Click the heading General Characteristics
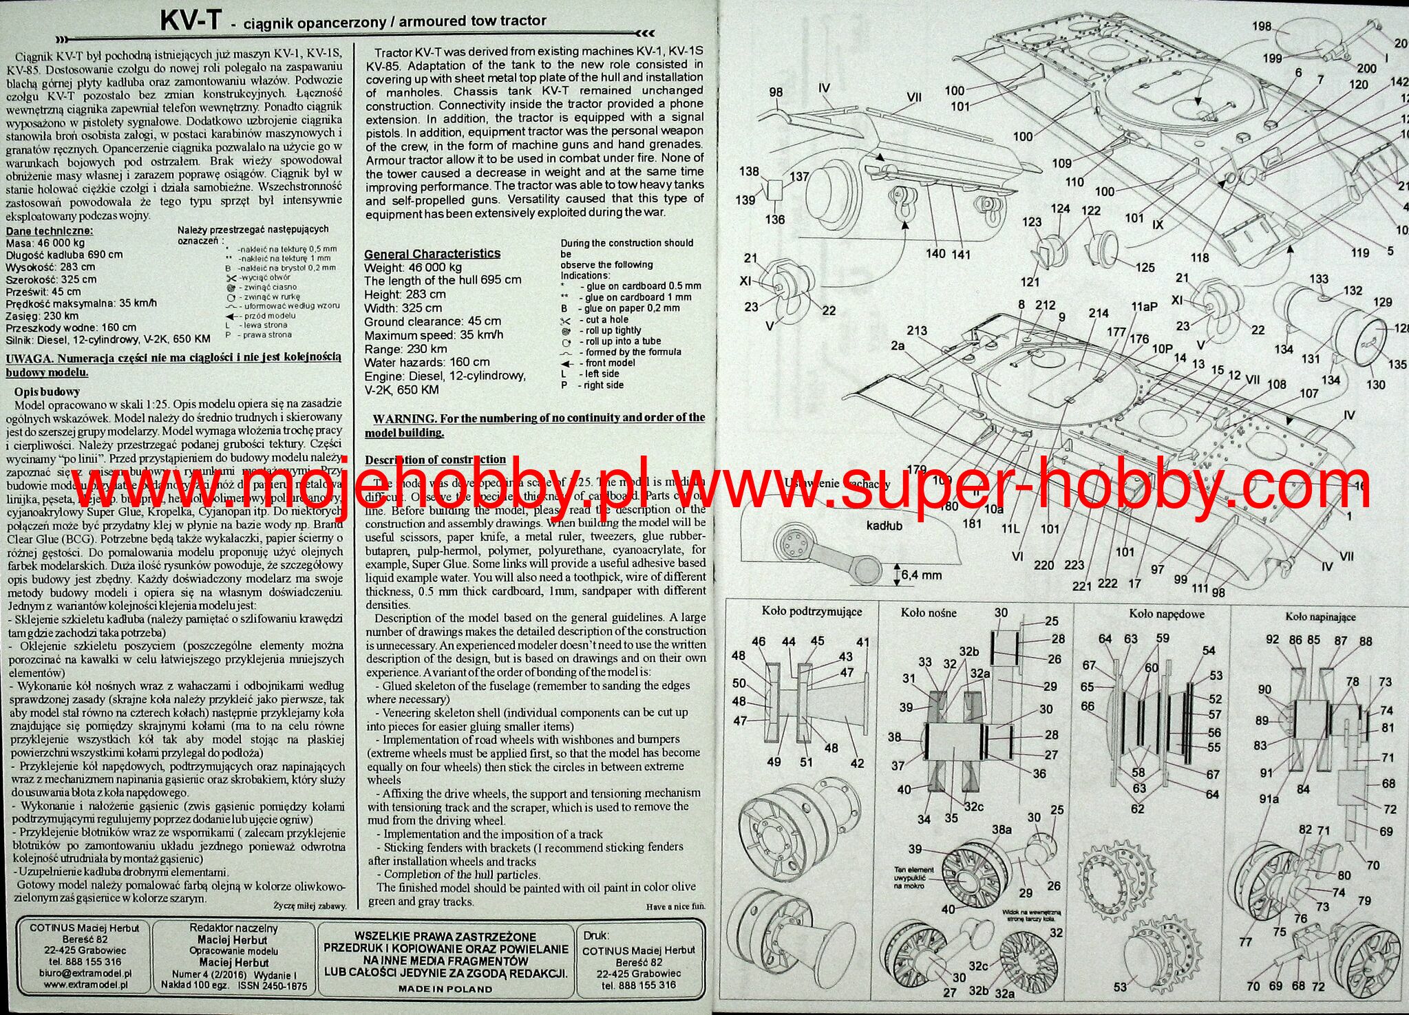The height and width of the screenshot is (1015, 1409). pyautogui.click(x=432, y=253)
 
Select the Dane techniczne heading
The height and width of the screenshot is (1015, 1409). pyautogui.click(x=49, y=231)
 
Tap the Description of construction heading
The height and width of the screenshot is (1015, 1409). pyautogui.click(x=435, y=460)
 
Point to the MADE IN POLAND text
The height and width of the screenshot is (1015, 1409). pyautogui.click(x=445, y=989)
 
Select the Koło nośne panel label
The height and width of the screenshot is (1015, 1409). pyautogui.click(x=929, y=612)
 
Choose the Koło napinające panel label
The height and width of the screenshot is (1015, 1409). pyautogui.click(x=1320, y=617)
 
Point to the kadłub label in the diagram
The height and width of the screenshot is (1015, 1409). pyautogui.click(x=884, y=526)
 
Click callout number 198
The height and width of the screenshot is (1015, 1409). pyautogui.click(x=1262, y=27)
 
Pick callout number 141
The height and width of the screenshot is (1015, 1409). pyautogui.click(x=960, y=255)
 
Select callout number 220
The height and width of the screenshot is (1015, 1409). pyautogui.click(x=1043, y=565)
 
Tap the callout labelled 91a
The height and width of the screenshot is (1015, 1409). pyautogui.click(x=1269, y=799)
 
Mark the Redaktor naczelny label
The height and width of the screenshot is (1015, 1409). pyautogui.click(x=233, y=928)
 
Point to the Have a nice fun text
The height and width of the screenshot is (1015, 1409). pyautogui.click(x=675, y=907)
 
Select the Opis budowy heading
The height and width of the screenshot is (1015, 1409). pyautogui.click(x=47, y=392)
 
